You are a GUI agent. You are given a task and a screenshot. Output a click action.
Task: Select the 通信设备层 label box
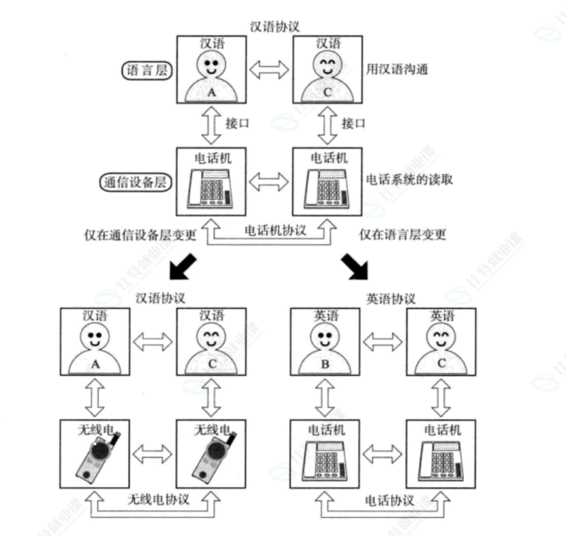click(x=136, y=181)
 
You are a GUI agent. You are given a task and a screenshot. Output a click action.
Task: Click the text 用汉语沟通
click(x=399, y=70)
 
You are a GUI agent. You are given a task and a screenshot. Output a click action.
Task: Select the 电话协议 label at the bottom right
click(x=386, y=498)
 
